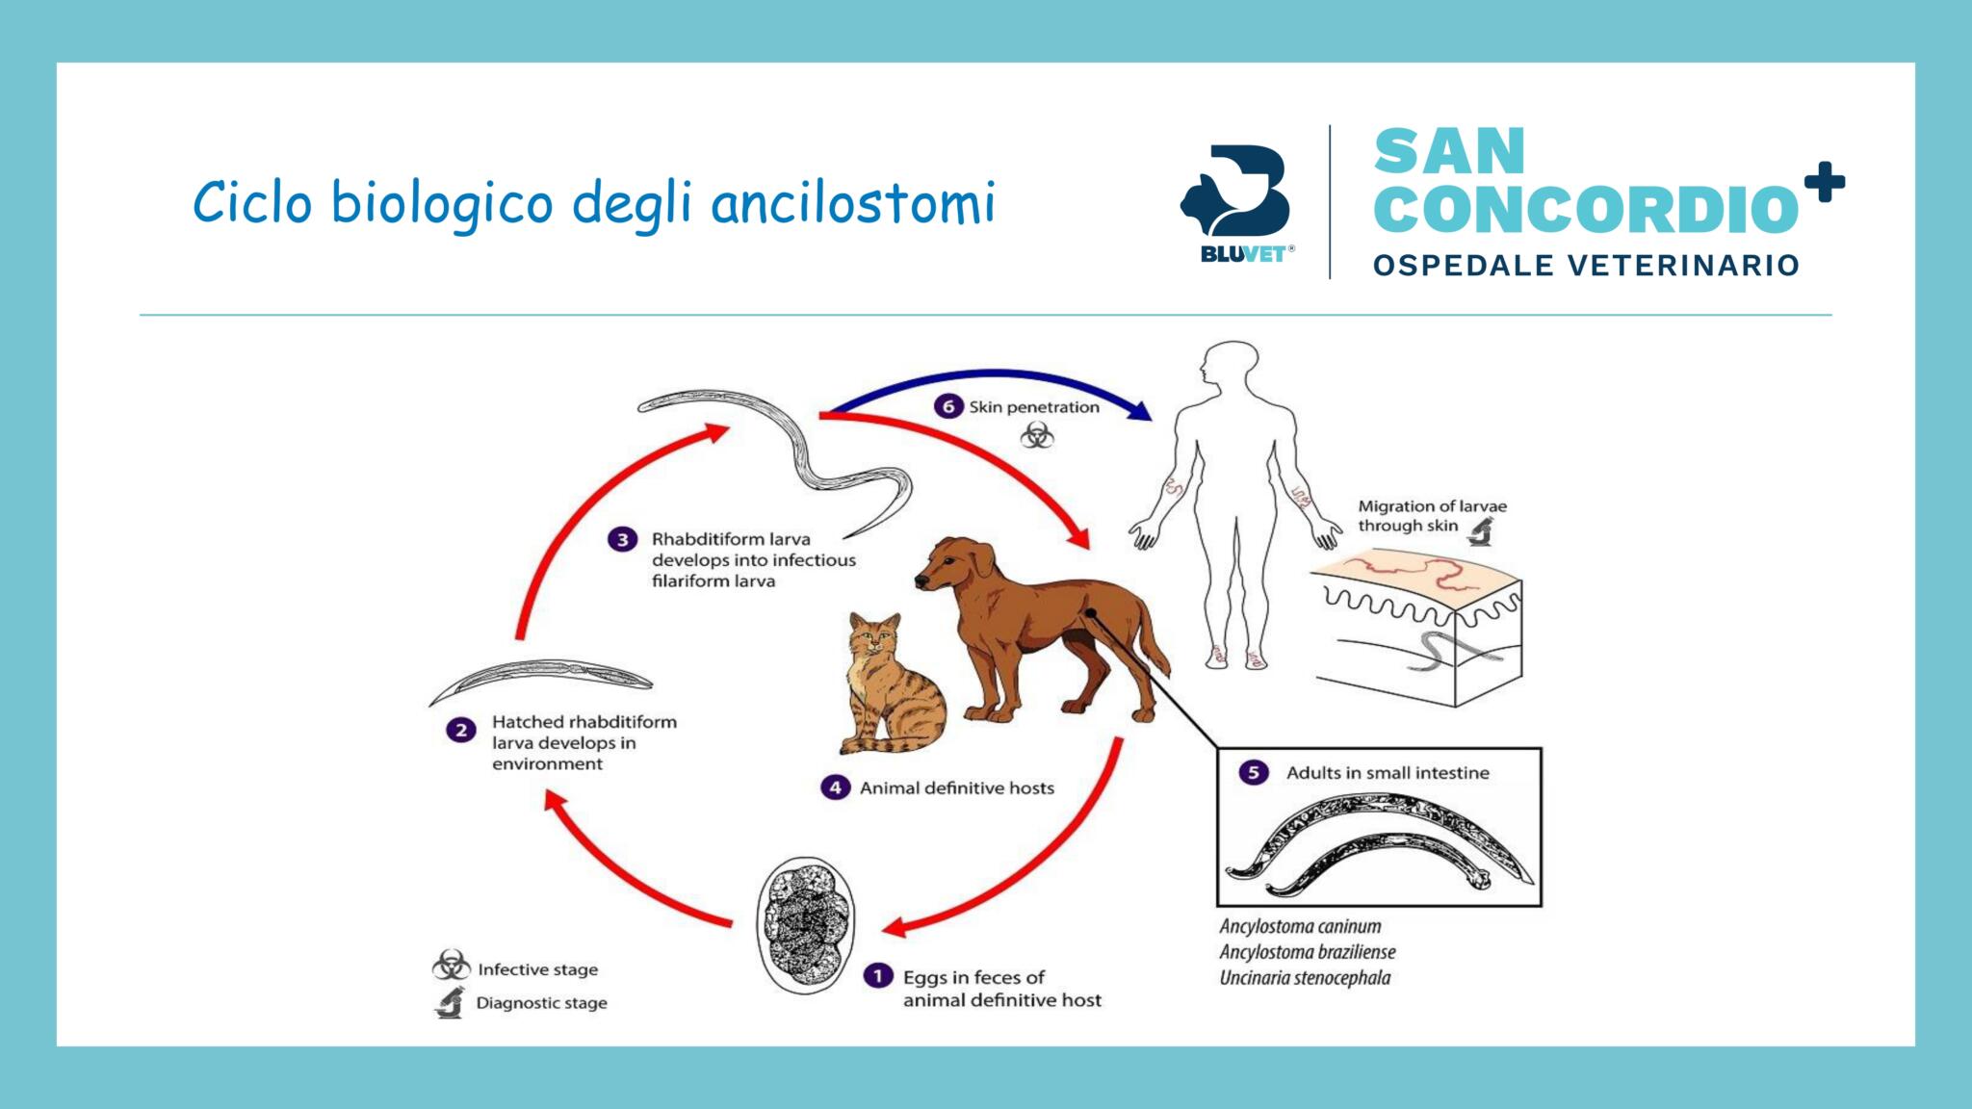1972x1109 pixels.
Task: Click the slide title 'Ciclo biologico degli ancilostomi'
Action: click(593, 203)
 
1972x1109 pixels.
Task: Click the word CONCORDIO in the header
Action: click(1585, 209)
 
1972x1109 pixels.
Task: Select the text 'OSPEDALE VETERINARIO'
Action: click(1586, 266)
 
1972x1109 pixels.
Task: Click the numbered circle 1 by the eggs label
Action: click(877, 977)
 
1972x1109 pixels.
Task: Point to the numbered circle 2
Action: click(460, 730)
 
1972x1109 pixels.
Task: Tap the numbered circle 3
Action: click(622, 539)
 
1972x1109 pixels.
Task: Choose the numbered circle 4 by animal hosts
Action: click(834, 787)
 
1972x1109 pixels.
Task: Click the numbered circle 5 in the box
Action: click(1253, 772)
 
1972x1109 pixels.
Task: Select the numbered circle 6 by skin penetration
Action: click(947, 406)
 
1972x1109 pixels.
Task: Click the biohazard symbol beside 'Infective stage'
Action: click(451, 966)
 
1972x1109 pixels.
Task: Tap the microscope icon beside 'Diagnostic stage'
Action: click(449, 1003)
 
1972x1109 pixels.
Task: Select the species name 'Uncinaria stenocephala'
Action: click(1305, 978)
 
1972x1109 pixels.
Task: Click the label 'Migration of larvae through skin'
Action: click(1431, 516)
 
